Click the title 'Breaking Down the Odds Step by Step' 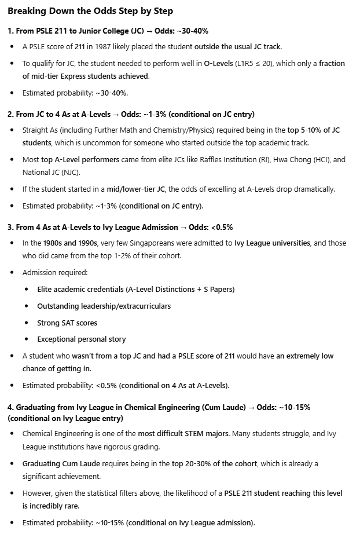tap(90, 11)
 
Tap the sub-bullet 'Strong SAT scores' tap(67, 323)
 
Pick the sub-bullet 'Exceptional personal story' tap(82, 339)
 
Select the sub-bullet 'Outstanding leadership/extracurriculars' tap(104, 306)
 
